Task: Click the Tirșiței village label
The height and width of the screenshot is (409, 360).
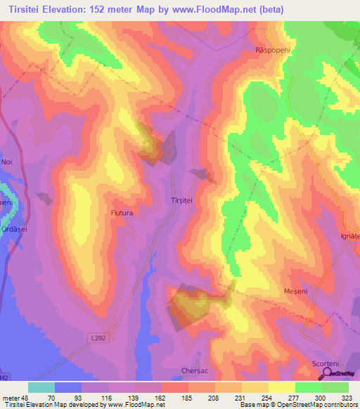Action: tap(182, 200)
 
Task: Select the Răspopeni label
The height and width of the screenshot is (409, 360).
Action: tap(272, 50)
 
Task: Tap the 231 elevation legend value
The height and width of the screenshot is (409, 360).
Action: tap(242, 398)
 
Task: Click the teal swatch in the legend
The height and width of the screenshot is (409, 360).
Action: tap(41, 387)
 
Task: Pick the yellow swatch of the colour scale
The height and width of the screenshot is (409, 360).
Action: tap(282, 387)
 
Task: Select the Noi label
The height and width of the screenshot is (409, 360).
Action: tap(7, 162)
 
